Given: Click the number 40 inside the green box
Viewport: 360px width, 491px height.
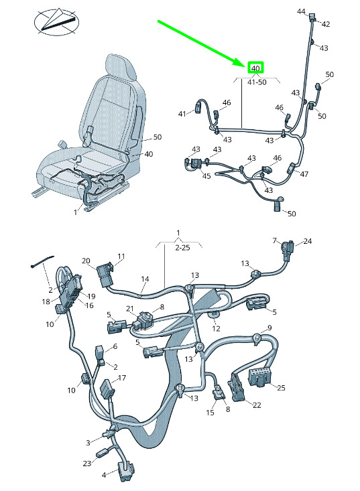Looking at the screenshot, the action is click(255, 68).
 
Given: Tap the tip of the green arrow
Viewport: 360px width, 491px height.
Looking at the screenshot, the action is click(246, 66).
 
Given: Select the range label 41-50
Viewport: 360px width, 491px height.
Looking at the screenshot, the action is click(257, 82).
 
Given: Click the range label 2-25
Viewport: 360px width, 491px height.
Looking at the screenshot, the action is click(182, 247).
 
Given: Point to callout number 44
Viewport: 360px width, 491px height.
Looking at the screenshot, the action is click(301, 11).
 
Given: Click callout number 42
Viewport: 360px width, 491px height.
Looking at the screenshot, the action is click(326, 24).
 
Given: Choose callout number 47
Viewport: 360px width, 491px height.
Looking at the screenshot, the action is click(304, 173).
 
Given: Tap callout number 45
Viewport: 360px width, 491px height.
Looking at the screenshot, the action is click(206, 176).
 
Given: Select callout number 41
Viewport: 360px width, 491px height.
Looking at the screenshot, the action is click(182, 114).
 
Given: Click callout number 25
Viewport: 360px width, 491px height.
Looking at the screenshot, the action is click(281, 388).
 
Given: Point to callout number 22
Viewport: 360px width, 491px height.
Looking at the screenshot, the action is click(257, 405).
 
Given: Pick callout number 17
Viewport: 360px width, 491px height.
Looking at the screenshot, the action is click(122, 378).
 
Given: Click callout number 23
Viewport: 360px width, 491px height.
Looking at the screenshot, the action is click(86, 463).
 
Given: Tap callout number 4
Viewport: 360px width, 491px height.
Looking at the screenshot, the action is click(104, 475).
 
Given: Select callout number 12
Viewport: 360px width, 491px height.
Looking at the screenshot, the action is click(216, 328).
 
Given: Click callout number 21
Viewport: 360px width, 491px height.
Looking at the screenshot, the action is click(130, 309).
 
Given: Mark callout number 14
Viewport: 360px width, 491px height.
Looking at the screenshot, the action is click(145, 279).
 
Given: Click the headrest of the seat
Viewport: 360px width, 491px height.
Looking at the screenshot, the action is click(121, 67).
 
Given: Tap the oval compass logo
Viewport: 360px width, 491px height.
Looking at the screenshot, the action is click(56, 22).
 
